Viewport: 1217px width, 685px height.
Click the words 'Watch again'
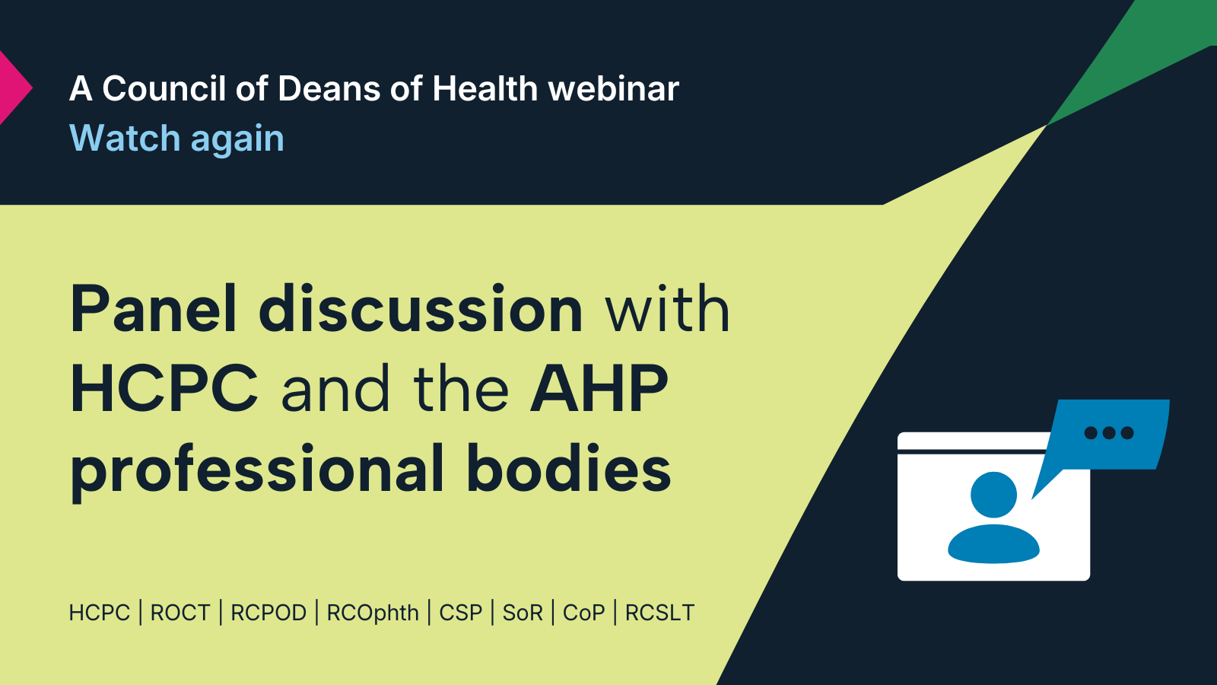click(x=176, y=139)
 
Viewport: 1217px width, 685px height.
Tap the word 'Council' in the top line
click(x=164, y=88)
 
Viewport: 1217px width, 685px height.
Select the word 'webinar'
click(x=613, y=88)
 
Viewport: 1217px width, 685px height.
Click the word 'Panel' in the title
click(x=153, y=309)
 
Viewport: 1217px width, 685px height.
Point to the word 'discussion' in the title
click(x=421, y=309)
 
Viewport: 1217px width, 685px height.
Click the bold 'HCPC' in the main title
click(x=164, y=389)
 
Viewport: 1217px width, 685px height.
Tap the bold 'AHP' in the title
click(x=599, y=389)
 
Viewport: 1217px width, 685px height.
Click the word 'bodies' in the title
click(x=569, y=469)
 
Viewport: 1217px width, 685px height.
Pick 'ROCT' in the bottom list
click(x=180, y=613)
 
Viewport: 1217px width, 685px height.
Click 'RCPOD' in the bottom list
click(x=269, y=613)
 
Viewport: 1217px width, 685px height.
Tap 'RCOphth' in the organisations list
click(x=373, y=613)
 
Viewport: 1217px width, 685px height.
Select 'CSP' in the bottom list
click(x=461, y=613)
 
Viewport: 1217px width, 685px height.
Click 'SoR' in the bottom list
click(x=523, y=613)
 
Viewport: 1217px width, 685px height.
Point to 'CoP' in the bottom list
click(x=583, y=613)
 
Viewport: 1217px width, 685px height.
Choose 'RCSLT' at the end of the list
click(x=659, y=613)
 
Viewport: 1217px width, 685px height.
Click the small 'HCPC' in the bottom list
click(x=100, y=613)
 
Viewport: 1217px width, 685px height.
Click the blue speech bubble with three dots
click(x=1108, y=435)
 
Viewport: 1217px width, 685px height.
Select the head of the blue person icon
click(x=993, y=495)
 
